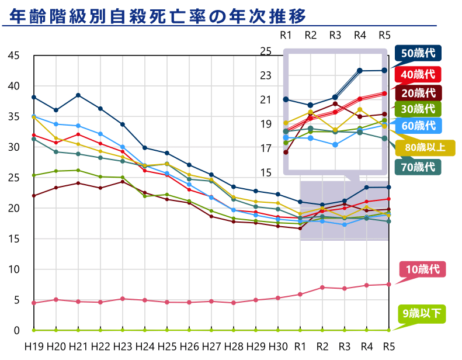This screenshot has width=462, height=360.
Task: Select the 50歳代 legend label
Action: pos(418,53)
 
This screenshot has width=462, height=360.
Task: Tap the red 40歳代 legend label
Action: pos(418,74)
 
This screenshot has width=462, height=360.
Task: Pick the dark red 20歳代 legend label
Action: pos(418,92)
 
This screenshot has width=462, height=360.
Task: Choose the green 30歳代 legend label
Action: pos(418,108)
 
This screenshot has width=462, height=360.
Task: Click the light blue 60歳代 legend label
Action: pos(418,125)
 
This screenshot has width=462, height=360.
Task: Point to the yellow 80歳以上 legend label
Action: pos(423,148)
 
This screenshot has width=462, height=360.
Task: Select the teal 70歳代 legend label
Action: pos(418,167)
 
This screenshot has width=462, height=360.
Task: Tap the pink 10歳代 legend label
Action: pos(422,269)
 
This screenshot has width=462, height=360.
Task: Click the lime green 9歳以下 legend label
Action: pos(422,314)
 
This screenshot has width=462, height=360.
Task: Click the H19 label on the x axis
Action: pos(33,345)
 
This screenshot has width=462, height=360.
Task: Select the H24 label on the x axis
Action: pos(145,345)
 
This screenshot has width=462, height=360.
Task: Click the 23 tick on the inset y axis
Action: pos(266,75)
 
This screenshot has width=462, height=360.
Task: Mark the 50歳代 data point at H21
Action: pos(78,95)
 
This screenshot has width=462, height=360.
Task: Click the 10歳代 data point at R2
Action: pos(322,288)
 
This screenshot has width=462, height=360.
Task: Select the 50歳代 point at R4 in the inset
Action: pos(360,71)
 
